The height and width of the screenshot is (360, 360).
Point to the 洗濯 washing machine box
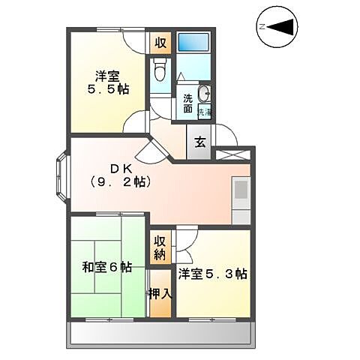coord(205,112)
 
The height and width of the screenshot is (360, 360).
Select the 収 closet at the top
coord(160,42)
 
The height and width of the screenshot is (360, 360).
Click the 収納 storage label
coord(160,247)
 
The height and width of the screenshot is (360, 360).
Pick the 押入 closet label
coord(160,292)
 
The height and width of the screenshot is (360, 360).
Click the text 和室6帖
coord(107,266)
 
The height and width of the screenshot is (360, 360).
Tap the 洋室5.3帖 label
coord(213,274)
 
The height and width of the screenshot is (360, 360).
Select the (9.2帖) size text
coord(121,181)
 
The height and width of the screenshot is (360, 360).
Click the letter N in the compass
coord(262,27)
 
